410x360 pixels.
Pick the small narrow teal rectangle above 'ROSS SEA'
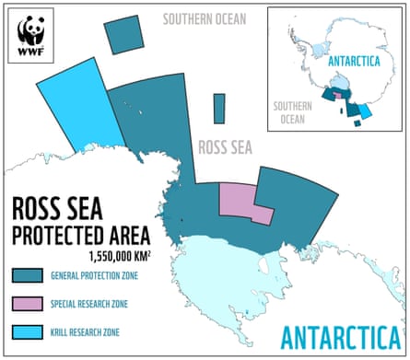coord(218,108)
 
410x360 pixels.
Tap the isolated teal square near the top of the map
coord(124,34)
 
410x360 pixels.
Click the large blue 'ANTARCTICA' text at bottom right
coord(341,335)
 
